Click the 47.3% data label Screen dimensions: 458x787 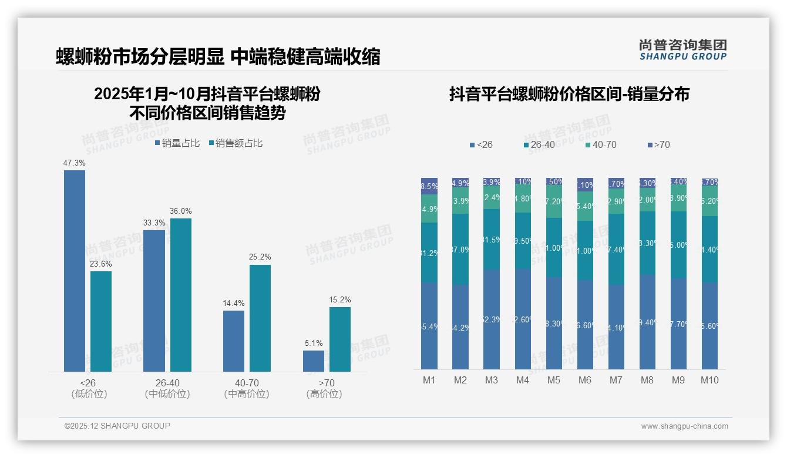pyautogui.click(x=75, y=163)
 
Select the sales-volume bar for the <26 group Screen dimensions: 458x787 pyautogui.click(x=75, y=271)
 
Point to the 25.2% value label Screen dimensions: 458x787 pyautogui.click(x=260, y=257)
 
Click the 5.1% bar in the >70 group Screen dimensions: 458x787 pyautogui.click(x=314, y=361)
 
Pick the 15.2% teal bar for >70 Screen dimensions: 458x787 pyautogui.click(x=340, y=339)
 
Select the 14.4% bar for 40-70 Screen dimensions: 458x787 pyautogui.click(x=234, y=341)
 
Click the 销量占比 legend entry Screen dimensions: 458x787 pyautogui.click(x=177, y=143)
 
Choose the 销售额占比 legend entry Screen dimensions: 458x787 pyautogui.click(x=236, y=143)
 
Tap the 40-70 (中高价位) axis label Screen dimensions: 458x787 pyautogui.click(x=247, y=388)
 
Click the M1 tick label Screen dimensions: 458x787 pyautogui.click(x=429, y=380)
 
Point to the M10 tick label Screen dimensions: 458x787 pyautogui.click(x=709, y=380)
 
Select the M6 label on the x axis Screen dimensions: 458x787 pyautogui.click(x=585, y=380)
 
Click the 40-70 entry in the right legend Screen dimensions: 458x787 pyautogui.click(x=601, y=144)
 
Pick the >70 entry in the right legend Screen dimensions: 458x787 pyautogui.click(x=658, y=144)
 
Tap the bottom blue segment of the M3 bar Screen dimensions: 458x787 pyautogui.click(x=492, y=319)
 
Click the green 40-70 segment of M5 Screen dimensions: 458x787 pyautogui.click(x=554, y=201)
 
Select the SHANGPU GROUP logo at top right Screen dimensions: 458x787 pyautogui.click(x=683, y=50)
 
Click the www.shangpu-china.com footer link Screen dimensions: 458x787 pyautogui.click(x=684, y=426)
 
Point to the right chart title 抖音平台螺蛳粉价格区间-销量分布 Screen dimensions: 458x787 pyautogui.click(x=569, y=94)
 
